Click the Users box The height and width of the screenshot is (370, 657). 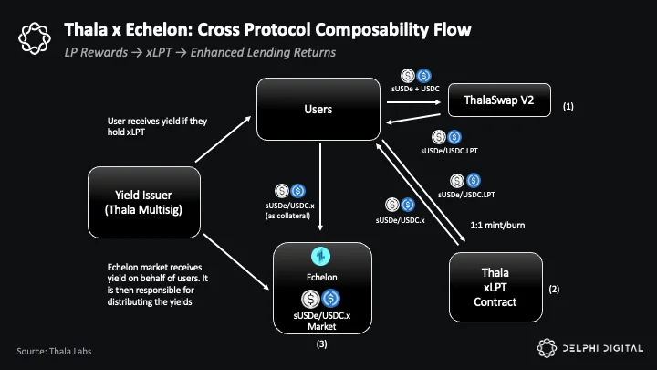318,109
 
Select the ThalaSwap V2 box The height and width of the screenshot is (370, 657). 499,100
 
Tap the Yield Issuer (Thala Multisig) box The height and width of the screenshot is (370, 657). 144,202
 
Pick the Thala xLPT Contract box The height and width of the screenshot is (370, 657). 495,288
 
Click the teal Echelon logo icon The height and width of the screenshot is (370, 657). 321,257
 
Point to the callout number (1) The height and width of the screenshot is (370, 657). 568,107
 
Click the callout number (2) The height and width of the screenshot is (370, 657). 554,289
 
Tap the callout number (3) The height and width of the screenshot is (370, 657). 321,344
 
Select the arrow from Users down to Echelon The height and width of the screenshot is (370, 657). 320,186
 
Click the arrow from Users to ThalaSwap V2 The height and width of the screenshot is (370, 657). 413,102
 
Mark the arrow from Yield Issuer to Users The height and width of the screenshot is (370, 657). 223,139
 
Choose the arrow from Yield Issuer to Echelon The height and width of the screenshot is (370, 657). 236,262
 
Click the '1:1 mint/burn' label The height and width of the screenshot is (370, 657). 497,226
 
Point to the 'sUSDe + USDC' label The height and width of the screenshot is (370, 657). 415,89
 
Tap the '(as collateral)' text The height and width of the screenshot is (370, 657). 287,216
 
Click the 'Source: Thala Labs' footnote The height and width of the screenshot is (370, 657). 54,351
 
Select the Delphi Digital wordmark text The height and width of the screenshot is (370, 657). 603,348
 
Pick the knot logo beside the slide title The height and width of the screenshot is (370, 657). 35,38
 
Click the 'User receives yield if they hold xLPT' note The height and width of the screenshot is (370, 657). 157,126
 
